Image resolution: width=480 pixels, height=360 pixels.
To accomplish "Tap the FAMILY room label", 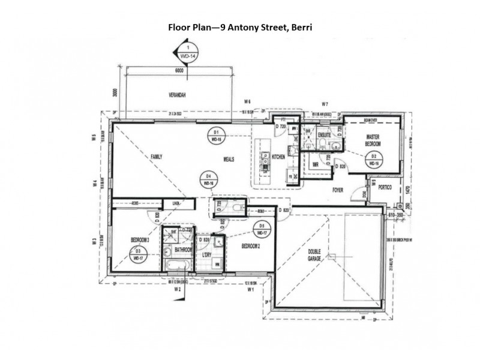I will click(x=157, y=157).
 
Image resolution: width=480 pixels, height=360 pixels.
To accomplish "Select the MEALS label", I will click(x=229, y=159).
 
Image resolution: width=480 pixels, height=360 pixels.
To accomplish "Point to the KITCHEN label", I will click(x=279, y=157).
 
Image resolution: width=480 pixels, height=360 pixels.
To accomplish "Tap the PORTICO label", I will click(x=385, y=188).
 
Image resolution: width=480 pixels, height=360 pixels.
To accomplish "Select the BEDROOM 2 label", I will click(x=251, y=246).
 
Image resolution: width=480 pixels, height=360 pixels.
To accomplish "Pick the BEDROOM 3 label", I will click(x=140, y=240).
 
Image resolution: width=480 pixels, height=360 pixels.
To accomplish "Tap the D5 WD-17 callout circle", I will click(x=260, y=229).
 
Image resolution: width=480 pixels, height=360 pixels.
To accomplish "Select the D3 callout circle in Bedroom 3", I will click(x=138, y=254).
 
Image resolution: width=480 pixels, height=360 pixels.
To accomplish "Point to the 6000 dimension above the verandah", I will click(x=178, y=70).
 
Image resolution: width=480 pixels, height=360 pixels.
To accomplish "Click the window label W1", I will click(x=252, y=290).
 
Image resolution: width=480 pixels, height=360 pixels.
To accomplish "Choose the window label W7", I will click(x=325, y=104).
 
